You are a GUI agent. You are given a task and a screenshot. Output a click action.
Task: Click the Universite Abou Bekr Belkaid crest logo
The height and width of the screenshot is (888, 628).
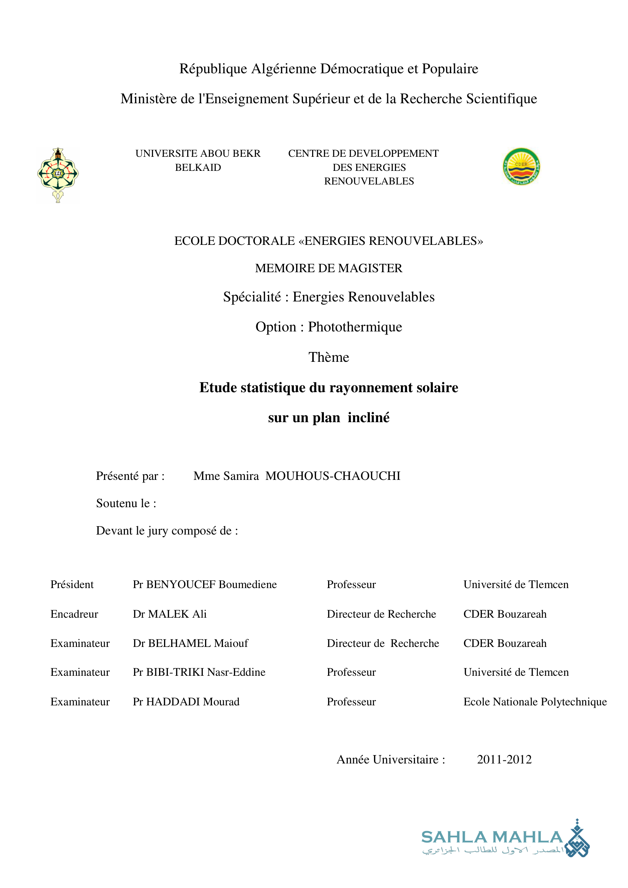pyautogui.click(x=58, y=175)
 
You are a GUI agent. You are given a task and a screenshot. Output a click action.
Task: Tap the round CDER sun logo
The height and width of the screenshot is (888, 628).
pyautogui.click(x=521, y=166)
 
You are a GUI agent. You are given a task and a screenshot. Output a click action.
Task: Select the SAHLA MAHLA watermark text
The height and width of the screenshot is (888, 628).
pyautogui.click(x=492, y=838)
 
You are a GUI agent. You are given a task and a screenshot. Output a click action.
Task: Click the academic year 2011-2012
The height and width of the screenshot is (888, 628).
pyautogui.click(x=504, y=760)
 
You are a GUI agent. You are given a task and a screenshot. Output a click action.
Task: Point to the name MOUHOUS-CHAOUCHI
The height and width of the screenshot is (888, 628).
pyautogui.click(x=333, y=476)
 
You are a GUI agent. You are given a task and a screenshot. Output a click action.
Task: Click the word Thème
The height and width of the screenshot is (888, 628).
pyautogui.click(x=329, y=357)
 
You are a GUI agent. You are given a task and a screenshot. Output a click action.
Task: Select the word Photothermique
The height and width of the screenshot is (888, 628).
pyautogui.click(x=355, y=327)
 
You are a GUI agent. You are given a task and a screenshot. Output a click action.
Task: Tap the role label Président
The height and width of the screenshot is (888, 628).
pyautogui.click(x=72, y=584)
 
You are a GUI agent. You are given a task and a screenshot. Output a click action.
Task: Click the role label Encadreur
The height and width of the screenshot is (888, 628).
pyautogui.click(x=74, y=614)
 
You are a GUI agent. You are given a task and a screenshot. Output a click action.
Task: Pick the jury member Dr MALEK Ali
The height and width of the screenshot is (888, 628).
pyautogui.click(x=170, y=614)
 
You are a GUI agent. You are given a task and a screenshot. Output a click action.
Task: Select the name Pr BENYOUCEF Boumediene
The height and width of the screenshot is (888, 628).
pyautogui.click(x=205, y=584)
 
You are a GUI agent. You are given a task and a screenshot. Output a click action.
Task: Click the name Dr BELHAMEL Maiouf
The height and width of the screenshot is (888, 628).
pyautogui.click(x=191, y=643)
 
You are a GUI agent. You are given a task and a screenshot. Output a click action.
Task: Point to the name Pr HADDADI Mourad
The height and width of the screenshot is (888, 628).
pyautogui.click(x=186, y=702)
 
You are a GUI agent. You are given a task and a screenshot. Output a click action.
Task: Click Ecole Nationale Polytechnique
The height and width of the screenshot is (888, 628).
pyautogui.click(x=535, y=702)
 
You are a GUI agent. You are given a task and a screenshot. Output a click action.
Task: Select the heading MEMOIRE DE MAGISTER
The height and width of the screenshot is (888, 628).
pyautogui.click(x=329, y=268)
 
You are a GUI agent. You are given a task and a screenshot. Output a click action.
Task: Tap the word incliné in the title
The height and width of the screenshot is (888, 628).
pyautogui.click(x=369, y=418)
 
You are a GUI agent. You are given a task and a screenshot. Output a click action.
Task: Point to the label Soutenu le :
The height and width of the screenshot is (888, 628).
pyautogui.click(x=126, y=503)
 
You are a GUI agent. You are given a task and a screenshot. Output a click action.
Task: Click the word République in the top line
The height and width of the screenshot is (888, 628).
pyautogui.click(x=213, y=69)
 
